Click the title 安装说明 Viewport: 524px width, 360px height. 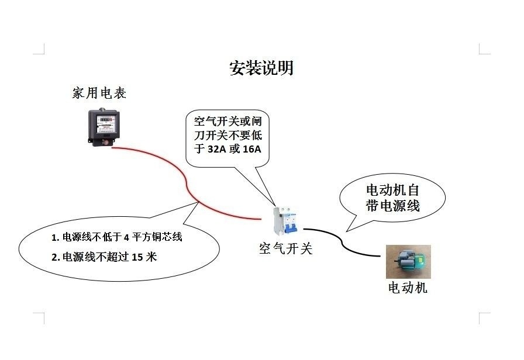point(261,68)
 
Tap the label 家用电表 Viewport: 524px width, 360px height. point(99,94)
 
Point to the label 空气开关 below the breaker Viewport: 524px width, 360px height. point(285,249)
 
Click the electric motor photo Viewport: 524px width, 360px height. point(408,261)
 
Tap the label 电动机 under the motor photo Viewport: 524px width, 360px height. point(408,288)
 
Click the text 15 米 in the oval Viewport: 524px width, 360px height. point(144,257)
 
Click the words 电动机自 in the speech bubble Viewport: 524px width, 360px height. point(392,190)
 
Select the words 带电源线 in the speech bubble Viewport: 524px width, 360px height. point(392,206)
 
